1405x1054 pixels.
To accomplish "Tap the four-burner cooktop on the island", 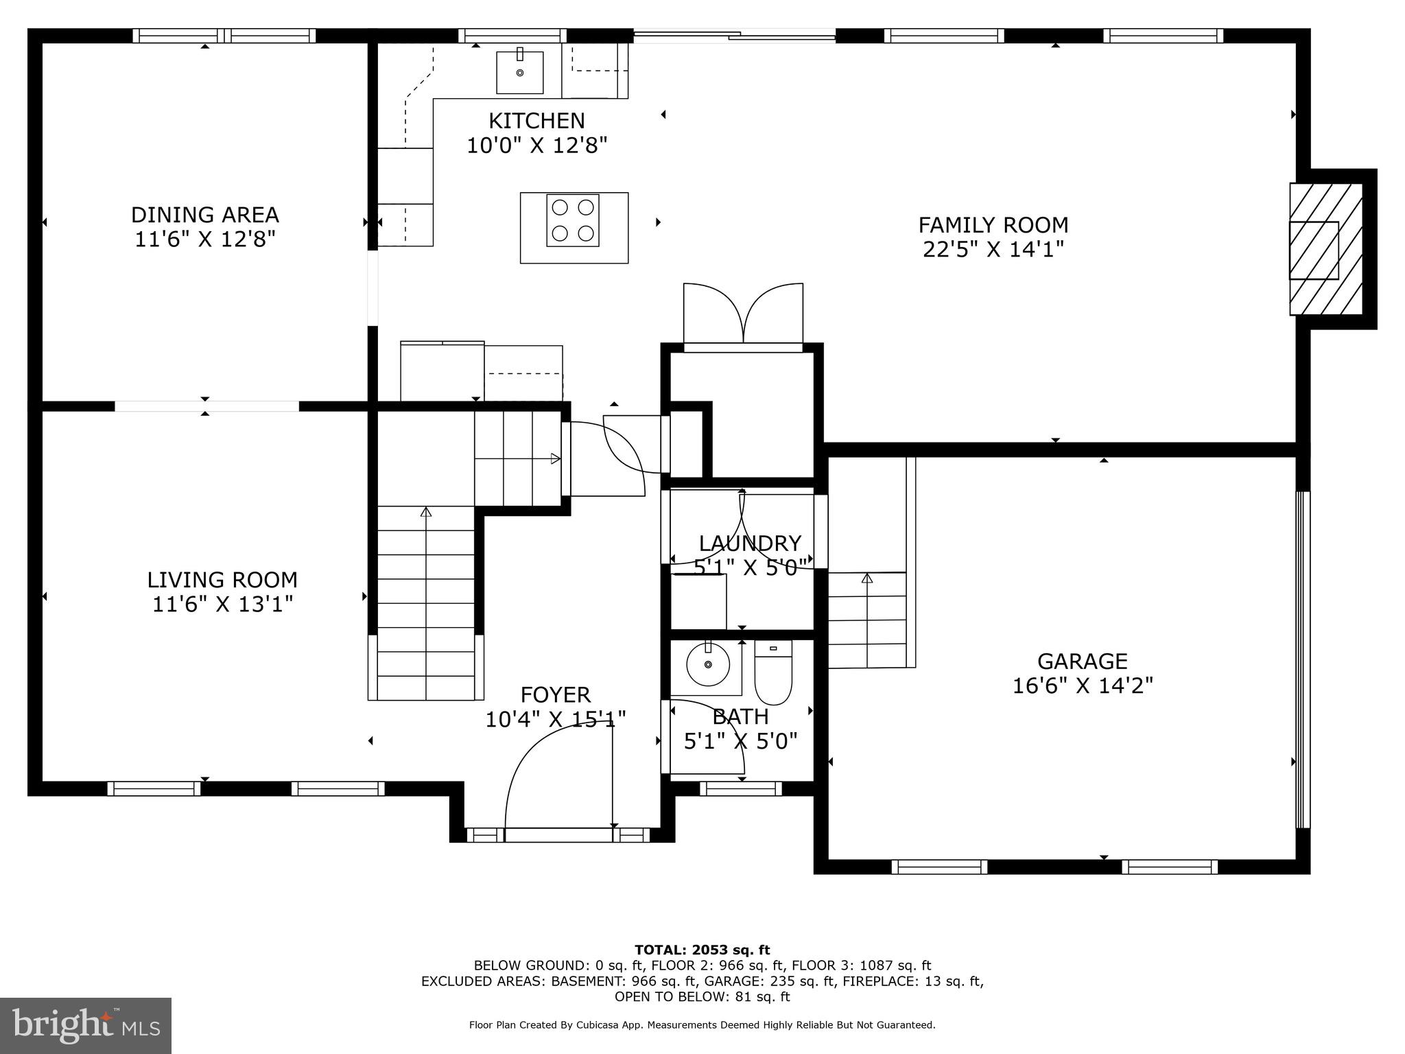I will pyautogui.click(x=573, y=221).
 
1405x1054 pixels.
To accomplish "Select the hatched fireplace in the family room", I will pyautogui.click(x=1325, y=249).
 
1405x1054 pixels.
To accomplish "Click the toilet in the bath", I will pyautogui.click(x=773, y=672).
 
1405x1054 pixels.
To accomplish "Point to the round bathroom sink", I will pyautogui.click(x=707, y=664).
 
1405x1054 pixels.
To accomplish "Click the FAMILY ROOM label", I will pyautogui.click(x=993, y=225).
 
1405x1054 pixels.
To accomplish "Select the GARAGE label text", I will pyautogui.click(x=1082, y=661).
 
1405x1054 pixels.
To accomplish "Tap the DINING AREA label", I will pyautogui.click(x=204, y=215).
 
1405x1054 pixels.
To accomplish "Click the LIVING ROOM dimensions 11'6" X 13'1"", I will pyautogui.click(x=222, y=605).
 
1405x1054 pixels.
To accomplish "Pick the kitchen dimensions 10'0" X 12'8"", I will pyautogui.click(x=536, y=145).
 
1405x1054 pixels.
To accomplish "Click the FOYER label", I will pyautogui.click(x=555, y=695).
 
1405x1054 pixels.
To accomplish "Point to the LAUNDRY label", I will pyautogui.click(x=749, y=543).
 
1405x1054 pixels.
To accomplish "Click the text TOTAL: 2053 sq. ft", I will pyautogui.click(x=702, y=950).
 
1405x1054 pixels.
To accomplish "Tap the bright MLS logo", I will pyautogui.click(x=86, y=1025).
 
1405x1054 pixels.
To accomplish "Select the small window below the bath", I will pyautogui.click(x=740, y=789).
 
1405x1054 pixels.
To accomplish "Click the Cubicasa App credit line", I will pyautogui.click(x=702, y=1025).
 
